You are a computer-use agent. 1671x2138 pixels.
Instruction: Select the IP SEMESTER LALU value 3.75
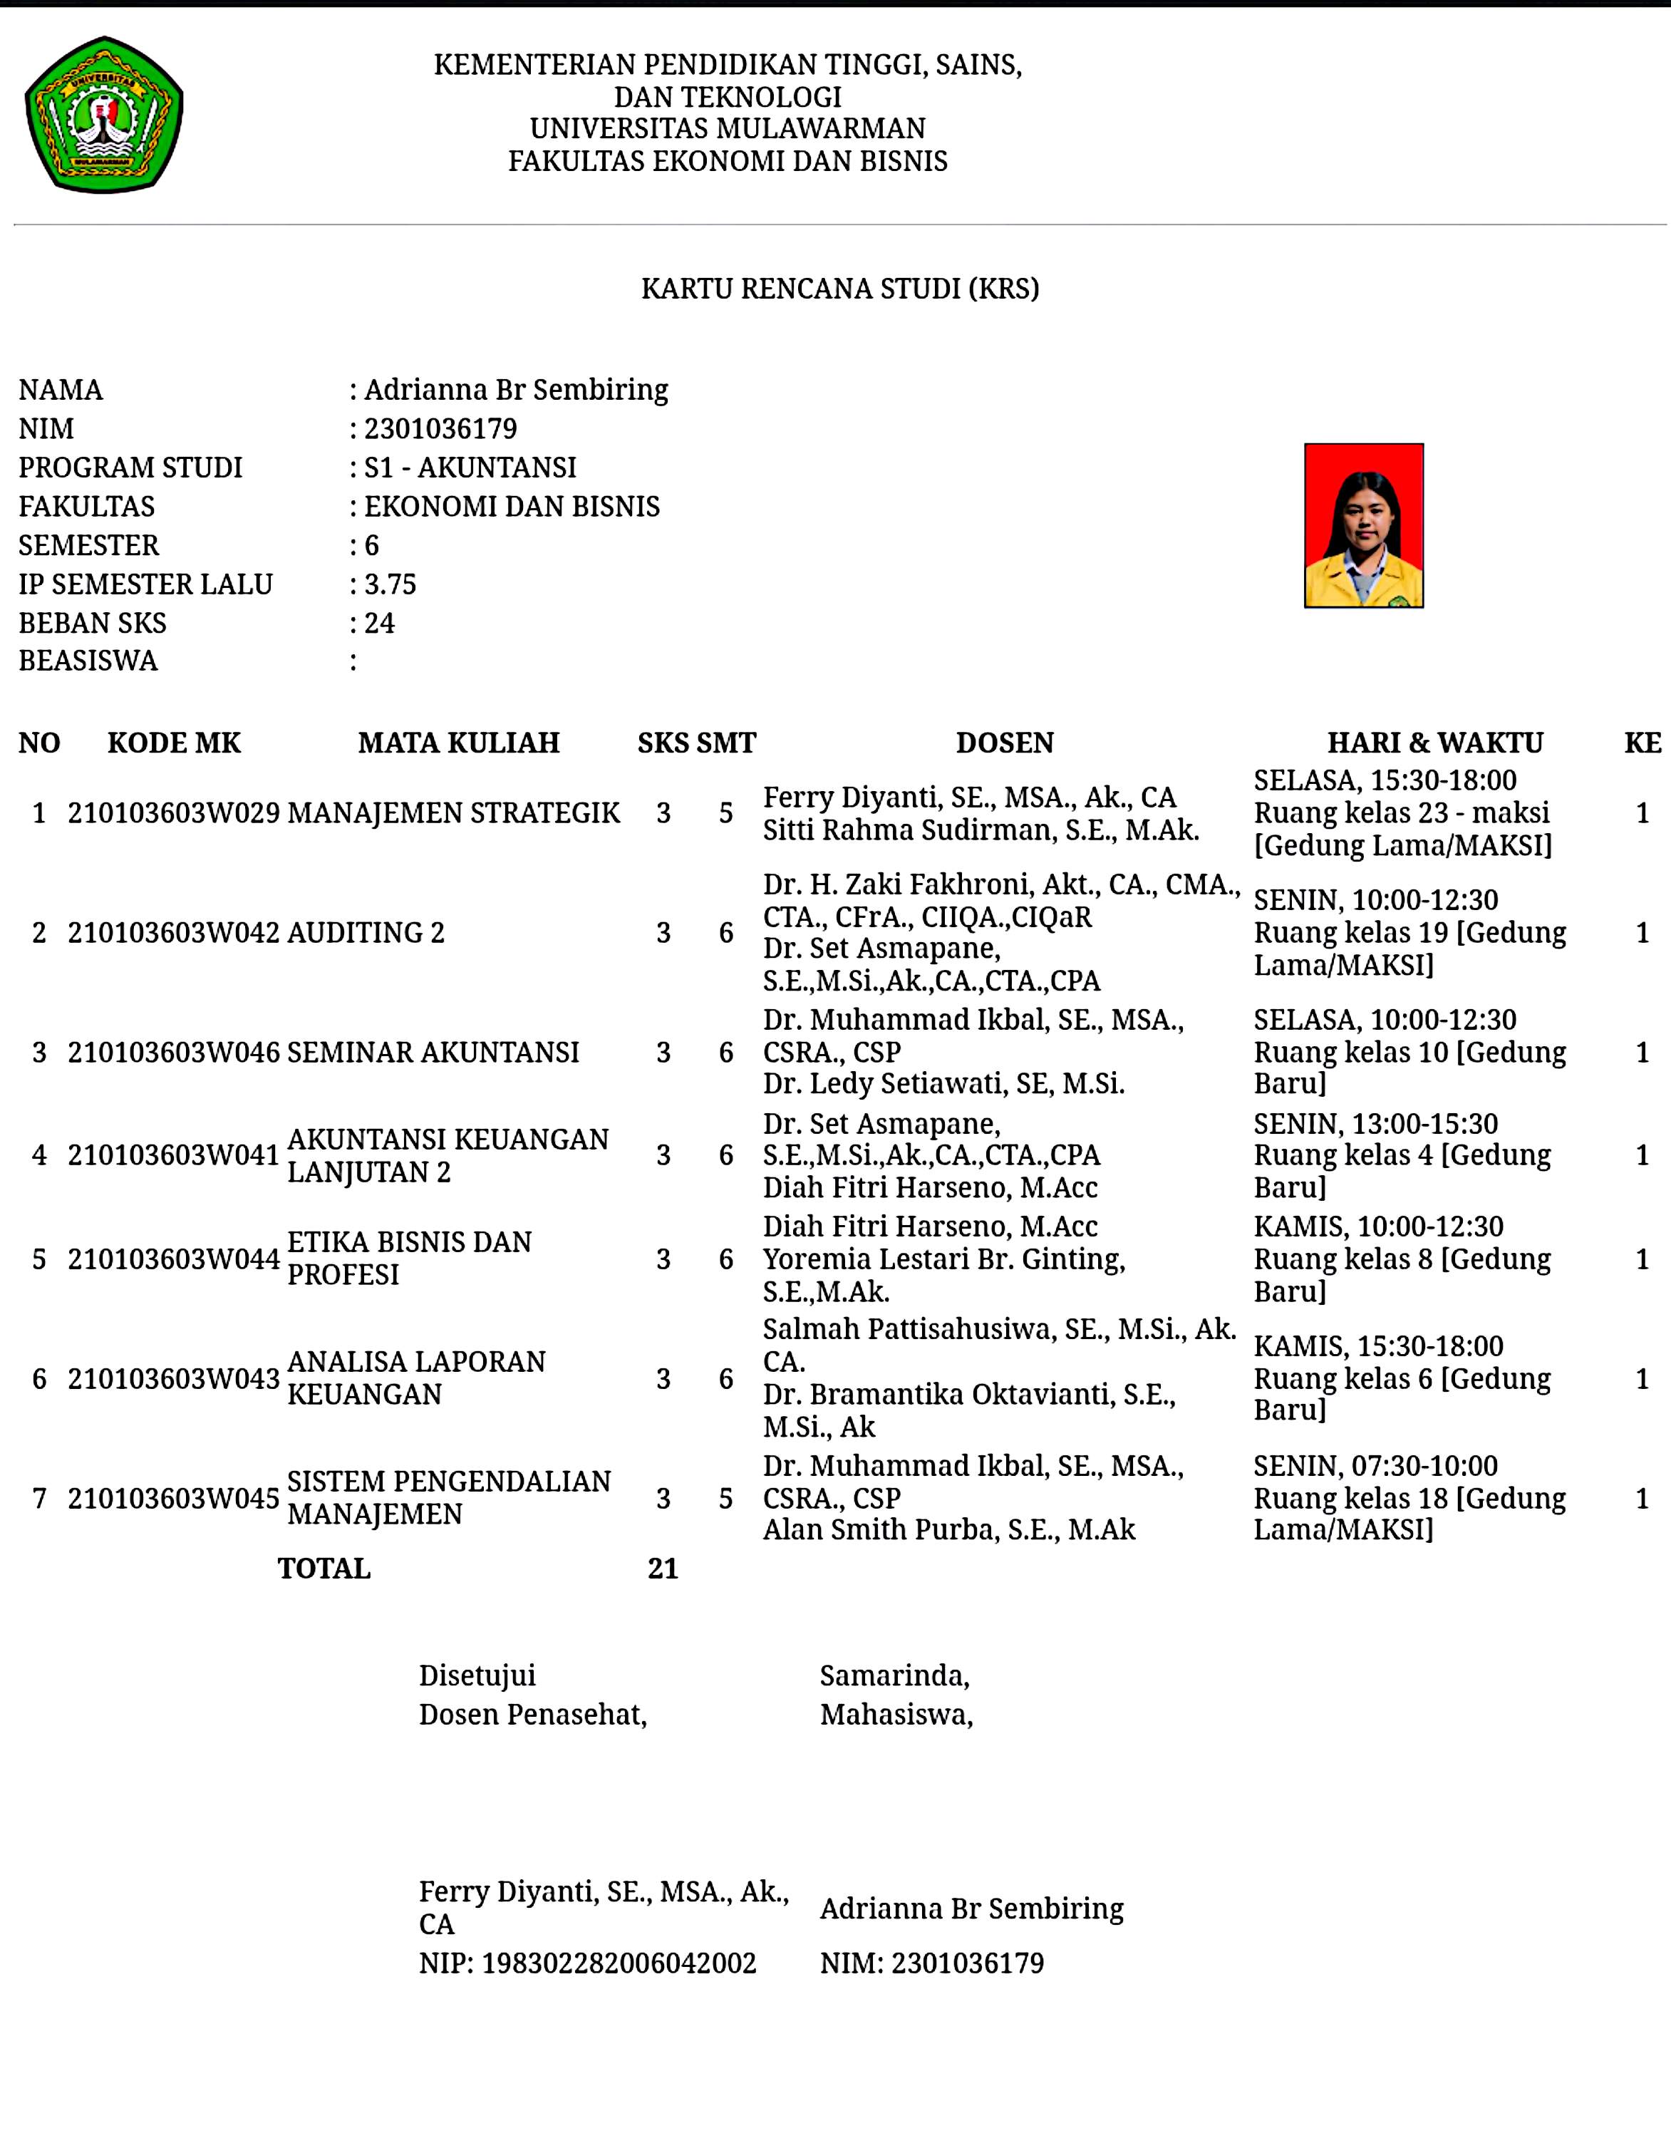tap(390, 584)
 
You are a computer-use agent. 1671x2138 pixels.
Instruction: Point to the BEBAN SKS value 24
tap(379, 623)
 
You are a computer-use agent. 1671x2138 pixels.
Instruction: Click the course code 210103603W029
tap(173, 812)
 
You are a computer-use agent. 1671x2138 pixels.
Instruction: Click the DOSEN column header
tap(1004, 743)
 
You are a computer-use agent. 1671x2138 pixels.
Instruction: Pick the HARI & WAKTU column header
tap(1434, 743)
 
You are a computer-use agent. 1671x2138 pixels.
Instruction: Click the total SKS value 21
tap(663, 1569)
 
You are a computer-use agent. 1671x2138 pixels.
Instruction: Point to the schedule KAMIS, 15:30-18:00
tap(1378, 1346)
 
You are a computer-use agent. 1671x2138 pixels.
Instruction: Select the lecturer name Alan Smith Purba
tap(948, 1529)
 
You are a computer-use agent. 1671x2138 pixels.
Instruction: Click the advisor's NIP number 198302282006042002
tap(619, 1963)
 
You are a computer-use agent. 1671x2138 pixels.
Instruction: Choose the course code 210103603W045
tap(173, 1498)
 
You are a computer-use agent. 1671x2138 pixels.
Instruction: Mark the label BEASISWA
tap(88, 661)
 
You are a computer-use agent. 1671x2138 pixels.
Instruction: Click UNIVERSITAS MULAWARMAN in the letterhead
tap(728, 128)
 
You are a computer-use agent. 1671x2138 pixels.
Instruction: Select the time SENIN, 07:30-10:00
tap(1375, 1465)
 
